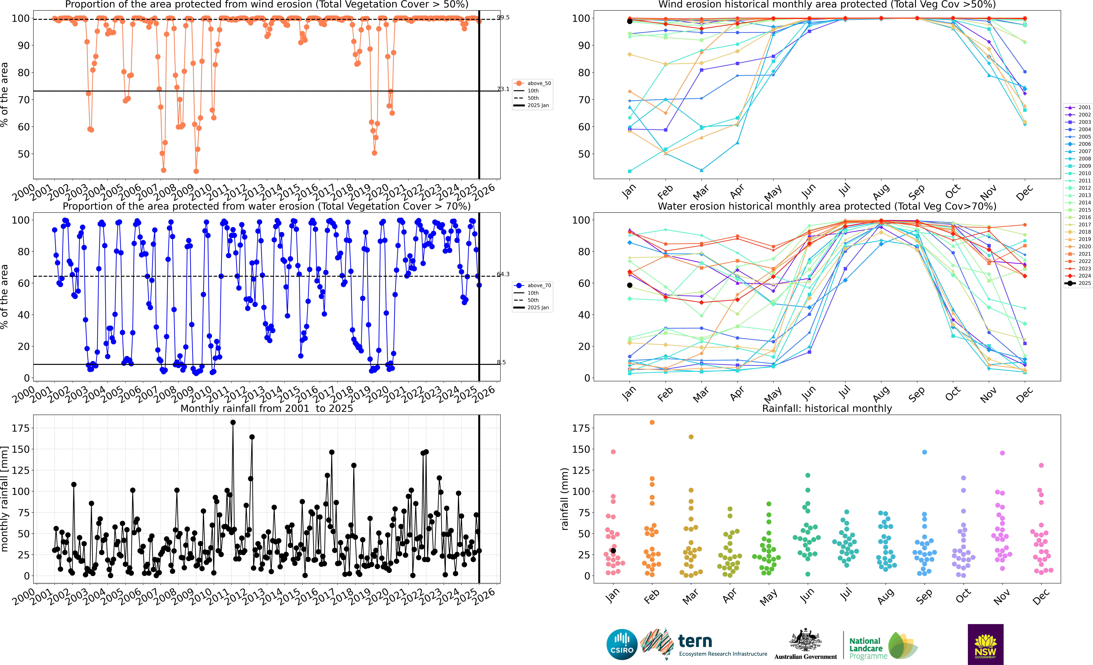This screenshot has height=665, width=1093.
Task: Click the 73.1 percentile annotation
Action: pyautogui.click(x=503, y=89)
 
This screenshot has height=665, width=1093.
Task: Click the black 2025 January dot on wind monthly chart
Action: pyautogui.click(x=629, y=21)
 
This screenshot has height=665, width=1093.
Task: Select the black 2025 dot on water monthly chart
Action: pyautogui.click(x=629, y=285)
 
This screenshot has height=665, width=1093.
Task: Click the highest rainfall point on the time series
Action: pyautogui.click(x=233, y=423)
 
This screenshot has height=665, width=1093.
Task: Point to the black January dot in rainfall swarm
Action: pyautogui.click(x=613, y=551)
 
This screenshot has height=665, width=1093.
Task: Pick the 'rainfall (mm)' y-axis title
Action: pyautogui.click(x=565, y=499)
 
